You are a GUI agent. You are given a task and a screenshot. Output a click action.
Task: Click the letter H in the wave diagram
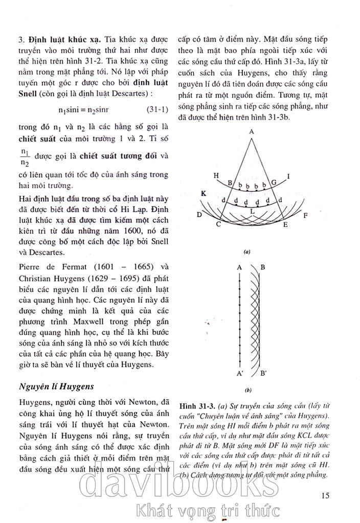click(216, 175)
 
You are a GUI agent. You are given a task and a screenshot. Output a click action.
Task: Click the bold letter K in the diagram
click(204, 194)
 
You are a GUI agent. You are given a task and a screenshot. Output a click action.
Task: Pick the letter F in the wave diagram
click(305, 216)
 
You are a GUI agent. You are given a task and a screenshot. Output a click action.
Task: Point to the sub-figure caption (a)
click(246, 252)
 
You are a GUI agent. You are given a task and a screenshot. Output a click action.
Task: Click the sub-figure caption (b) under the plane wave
click(247, 390)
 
